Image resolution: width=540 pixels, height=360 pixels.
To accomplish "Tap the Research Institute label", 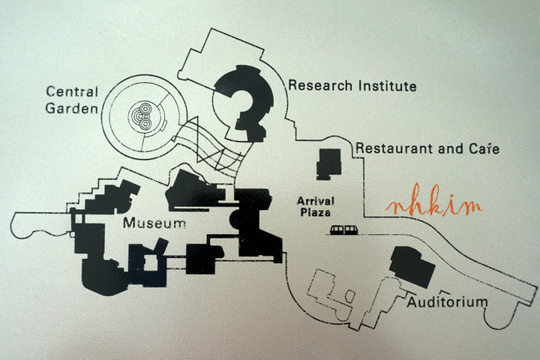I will click(352, 85).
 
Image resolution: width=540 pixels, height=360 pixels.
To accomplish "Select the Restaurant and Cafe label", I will click(427, 148).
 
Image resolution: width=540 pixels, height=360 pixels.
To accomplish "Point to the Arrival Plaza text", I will click(315, 207).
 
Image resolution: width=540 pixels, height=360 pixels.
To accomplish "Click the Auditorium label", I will click(447, 302).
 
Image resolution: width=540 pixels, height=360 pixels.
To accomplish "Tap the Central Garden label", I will click(73, 100).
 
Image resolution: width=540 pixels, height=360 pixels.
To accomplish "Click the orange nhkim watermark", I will click(434, 205).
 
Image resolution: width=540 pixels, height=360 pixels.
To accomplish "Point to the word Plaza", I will click(315, 214).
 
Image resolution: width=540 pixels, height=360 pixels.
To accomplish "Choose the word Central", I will click(73, 92).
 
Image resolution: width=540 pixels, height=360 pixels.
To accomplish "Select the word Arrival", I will click(315, 201).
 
